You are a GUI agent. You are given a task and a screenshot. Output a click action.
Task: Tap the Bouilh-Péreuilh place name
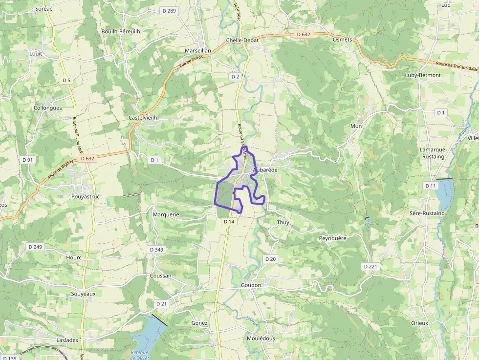point(121,31)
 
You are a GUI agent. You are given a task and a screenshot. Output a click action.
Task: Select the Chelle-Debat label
point(242,40)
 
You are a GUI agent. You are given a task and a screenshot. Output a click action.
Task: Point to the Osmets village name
point(342,40)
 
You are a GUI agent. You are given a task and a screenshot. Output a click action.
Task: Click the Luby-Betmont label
point(423,75)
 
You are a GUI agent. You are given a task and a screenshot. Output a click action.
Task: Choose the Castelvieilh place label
point(143,118)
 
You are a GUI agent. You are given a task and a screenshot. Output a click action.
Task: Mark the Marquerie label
point(166,214)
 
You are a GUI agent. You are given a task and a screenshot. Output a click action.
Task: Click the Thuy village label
point(283,222)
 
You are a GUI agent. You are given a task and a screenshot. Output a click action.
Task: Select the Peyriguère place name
point(332,238)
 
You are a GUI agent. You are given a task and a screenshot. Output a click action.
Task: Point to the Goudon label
point(251,285)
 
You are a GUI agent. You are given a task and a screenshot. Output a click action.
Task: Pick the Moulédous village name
point(261,338)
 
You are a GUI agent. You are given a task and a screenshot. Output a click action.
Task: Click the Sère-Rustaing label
point(428,213)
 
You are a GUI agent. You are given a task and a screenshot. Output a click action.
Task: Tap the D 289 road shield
point(169,10)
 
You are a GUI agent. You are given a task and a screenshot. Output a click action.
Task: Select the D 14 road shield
point(229,221)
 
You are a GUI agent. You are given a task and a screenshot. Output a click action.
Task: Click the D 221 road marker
point(371,266)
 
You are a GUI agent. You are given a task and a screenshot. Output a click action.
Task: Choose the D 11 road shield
point(430,186)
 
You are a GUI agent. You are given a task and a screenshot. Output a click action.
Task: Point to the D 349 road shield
point(156,250)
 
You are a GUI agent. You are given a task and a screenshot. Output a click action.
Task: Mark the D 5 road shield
point(66,80)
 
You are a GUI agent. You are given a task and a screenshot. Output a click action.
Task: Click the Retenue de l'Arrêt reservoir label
point(140,355)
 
